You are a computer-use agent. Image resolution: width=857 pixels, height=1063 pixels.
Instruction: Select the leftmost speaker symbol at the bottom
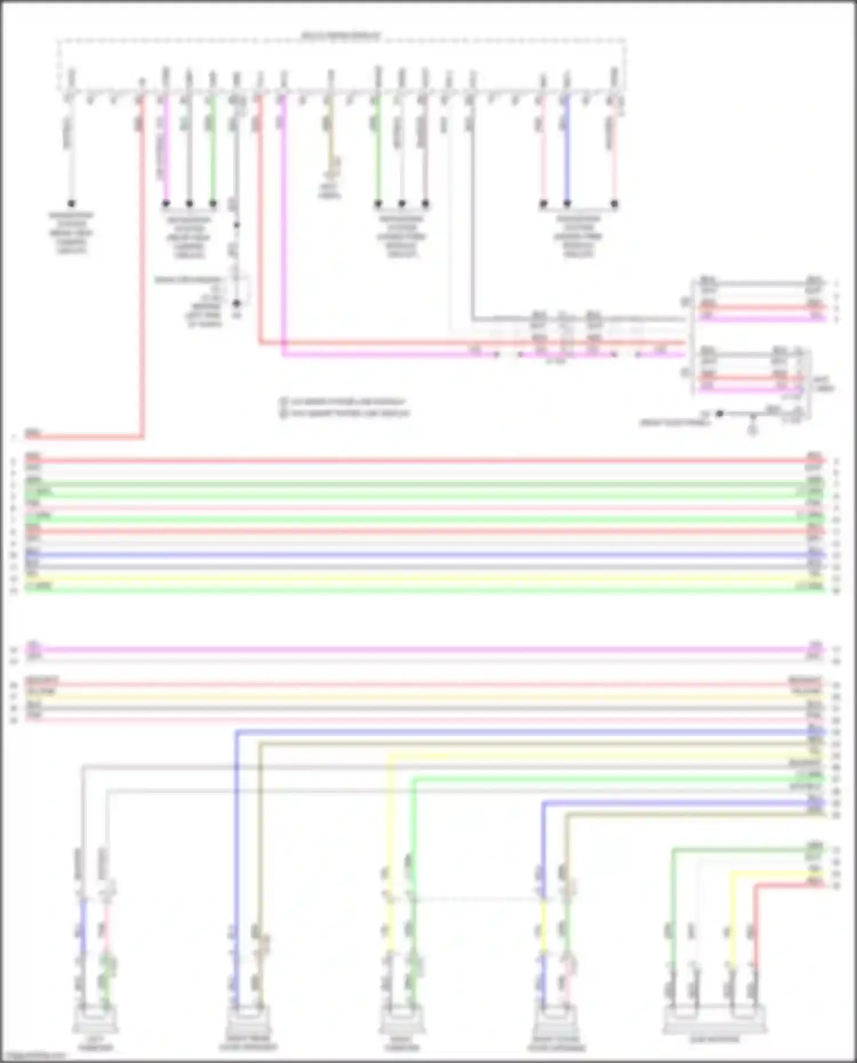[95, 1020]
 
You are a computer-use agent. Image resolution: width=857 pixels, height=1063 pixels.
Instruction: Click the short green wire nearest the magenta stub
[213, 149]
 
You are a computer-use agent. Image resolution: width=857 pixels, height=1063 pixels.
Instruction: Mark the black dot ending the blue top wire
[567, 203]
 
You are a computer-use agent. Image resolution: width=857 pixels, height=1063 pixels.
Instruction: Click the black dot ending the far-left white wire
[71, 203]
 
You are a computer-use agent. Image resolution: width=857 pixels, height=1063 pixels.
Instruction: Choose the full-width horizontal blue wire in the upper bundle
[423, 555]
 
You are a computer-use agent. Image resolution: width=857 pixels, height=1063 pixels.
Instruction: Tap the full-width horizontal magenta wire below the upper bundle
[423, 649]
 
